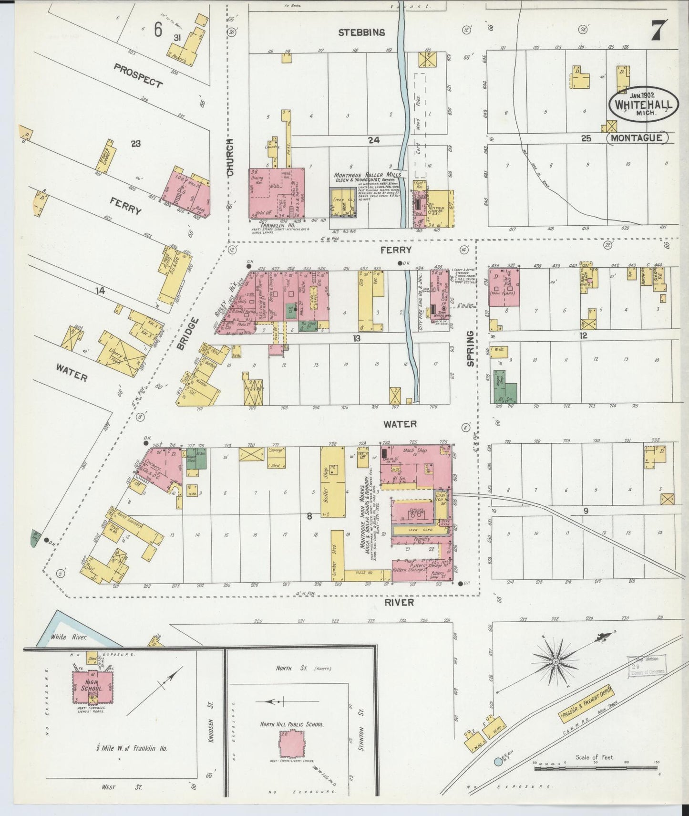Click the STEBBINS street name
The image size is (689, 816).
(361, 32)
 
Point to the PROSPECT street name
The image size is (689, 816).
(138, 75)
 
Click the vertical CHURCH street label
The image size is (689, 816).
(231, 158)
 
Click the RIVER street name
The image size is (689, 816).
(400, 603)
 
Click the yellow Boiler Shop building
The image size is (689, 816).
(333, 482)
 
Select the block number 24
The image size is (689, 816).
(373, 139)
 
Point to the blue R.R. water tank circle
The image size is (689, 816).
(498, 762)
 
